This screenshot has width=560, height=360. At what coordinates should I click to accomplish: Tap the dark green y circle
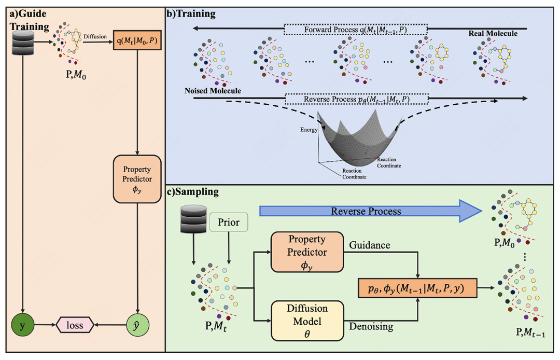coord(22,325)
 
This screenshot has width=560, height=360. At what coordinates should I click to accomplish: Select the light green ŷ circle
coord(137,325)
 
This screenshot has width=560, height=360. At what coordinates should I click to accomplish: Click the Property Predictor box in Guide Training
coord(137,181)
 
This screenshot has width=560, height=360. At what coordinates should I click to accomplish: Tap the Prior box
coord(229,222)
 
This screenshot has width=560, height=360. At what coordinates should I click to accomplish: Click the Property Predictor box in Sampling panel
coord(307,252)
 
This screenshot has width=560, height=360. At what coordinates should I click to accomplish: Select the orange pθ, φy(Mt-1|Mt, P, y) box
coord(418,286)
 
